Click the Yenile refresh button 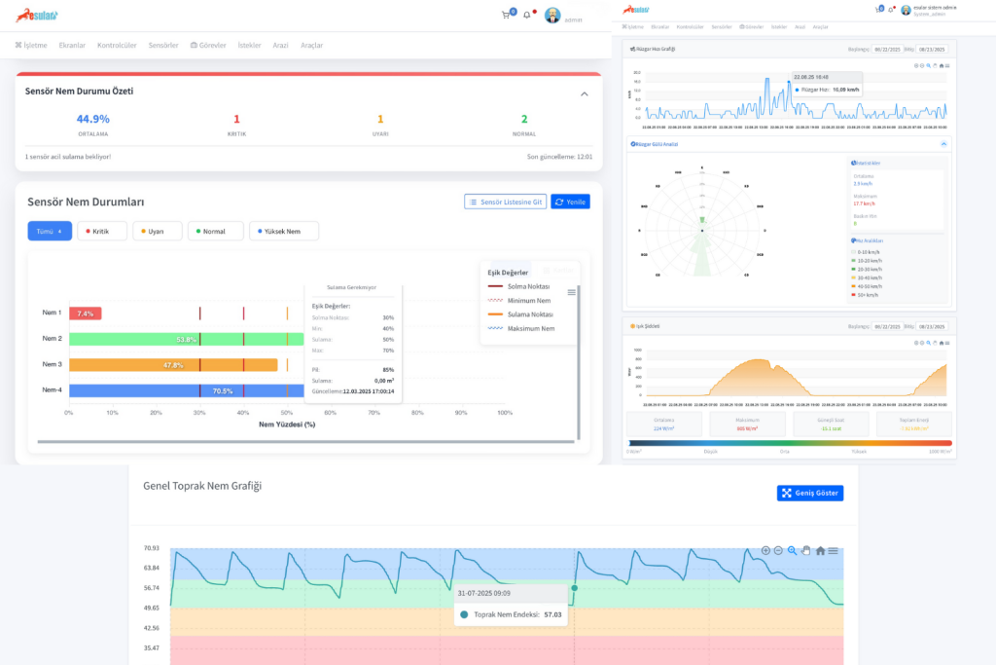[570, 202]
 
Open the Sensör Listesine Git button [505, 202]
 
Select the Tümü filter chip [50, 231]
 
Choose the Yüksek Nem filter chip [284, 231]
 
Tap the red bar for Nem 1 [85, 314]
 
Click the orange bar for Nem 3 [173, 365]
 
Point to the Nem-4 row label [52, 390]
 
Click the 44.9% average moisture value [93, 119]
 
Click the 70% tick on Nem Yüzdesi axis [373, 413]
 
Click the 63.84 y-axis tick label [151, 568]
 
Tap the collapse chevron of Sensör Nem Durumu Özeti [584, 93]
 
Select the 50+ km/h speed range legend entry [864, 294]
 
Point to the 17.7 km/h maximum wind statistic [863, 203]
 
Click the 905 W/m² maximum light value [747, 428]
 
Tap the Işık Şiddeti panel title [647, 326]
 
